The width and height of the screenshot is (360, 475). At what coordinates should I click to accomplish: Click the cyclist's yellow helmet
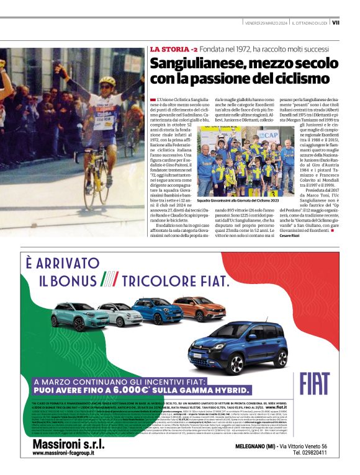(x=107, y=81)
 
